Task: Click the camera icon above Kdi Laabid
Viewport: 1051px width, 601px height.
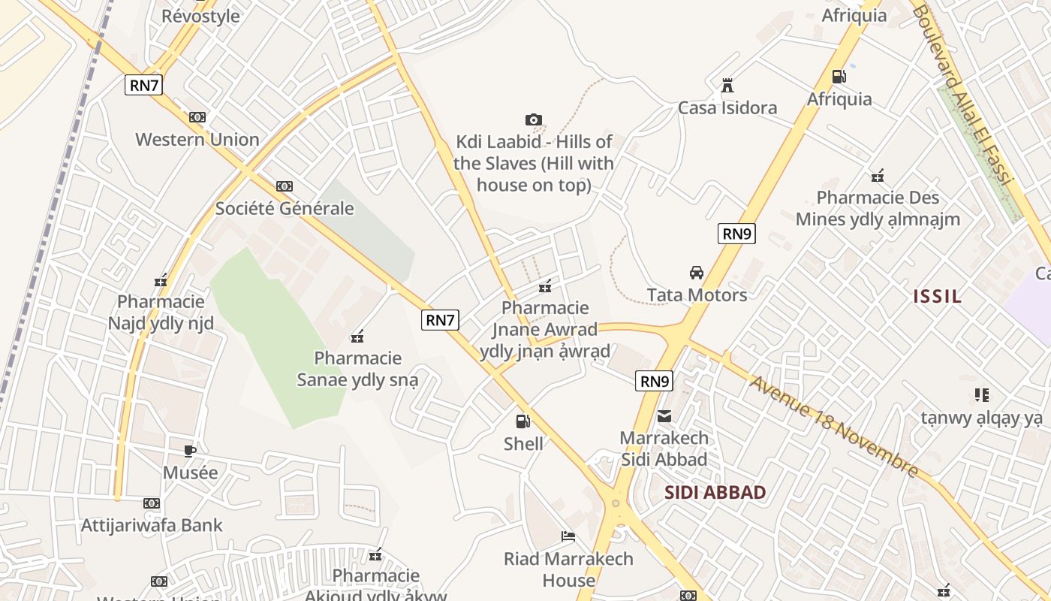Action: coord(533,119)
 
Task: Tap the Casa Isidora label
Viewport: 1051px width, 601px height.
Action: coord(727,108)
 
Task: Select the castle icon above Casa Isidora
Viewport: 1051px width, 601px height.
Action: coord(727,86)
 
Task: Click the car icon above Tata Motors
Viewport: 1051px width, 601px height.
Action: coord(697,272)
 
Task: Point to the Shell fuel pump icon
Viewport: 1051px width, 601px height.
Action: coord(522,421)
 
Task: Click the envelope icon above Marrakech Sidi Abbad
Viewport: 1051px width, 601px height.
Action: coord(664,415)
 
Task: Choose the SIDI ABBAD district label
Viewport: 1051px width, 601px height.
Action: coord(715,494)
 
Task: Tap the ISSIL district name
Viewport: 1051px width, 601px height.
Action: coord(937,296)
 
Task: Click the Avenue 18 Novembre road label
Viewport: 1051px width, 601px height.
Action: coord(833,426)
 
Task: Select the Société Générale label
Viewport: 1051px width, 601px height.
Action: coord(285,209)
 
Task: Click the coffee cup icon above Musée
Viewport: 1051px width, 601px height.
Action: coord(190,451)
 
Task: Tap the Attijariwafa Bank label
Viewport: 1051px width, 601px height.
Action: coord(152,525)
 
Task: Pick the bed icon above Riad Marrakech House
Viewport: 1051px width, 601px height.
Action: coord(568,536)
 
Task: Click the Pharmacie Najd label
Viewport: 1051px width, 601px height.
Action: coord(161,313)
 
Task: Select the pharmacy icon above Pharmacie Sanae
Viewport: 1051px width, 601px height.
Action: coord(357,336)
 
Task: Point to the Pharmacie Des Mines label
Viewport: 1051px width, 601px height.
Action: coord(878,209)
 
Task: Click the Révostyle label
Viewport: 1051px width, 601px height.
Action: coord(200,16)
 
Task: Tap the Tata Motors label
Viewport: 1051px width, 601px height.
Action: coord(697,295)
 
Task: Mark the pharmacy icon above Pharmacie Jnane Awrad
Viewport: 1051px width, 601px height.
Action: coord(545,285)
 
